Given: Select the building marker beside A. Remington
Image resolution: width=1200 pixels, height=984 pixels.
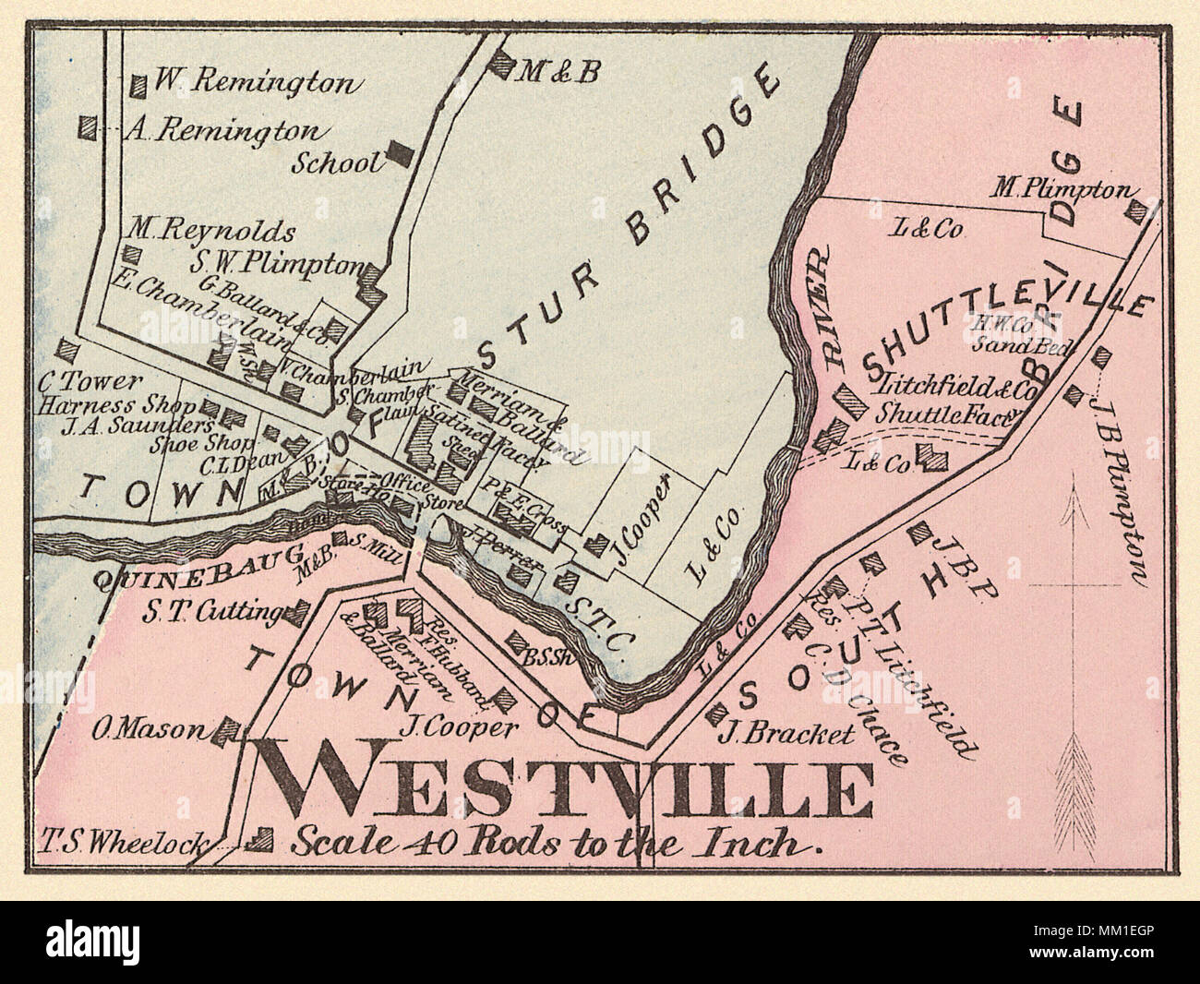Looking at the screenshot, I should coord(89,127).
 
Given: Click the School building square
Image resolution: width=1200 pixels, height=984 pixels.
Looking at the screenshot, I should coord(400,152).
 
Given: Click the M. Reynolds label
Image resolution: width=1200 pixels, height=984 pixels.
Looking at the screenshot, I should coord(212,231).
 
